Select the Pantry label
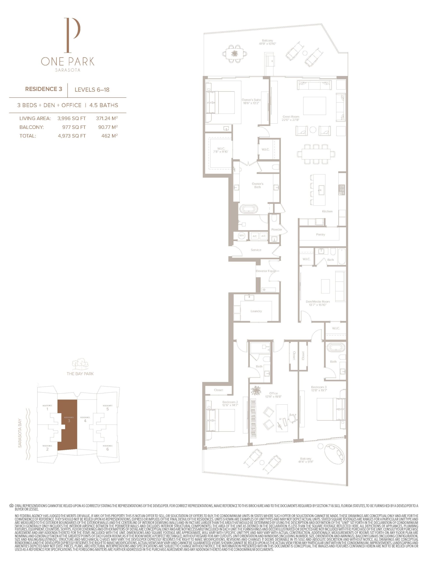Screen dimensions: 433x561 point(320,234)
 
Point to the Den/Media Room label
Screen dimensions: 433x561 point(318,302)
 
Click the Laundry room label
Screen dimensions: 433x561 point(256,311)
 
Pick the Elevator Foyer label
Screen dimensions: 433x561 point(265,271)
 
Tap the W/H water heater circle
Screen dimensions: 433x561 point(241,236)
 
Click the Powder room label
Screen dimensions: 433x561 point(276,229)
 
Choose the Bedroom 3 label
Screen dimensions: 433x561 point(319,387)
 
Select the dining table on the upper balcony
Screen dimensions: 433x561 point(235,54)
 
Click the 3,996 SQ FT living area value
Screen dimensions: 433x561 point(72,118)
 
